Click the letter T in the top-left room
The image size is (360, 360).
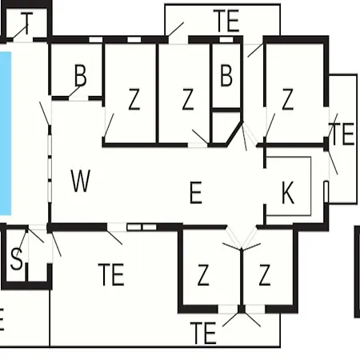pos(26,23)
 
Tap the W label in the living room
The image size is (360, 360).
pos(81,181)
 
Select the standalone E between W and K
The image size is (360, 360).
pos(196,192)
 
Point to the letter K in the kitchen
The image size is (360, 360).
pos(288,192)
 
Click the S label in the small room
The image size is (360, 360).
pos(17,258)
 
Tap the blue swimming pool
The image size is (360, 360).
pos(6,134)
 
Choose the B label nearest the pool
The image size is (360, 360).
pos(80,75)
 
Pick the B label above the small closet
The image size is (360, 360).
pos(226,75)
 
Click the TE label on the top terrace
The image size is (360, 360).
pos(226,21)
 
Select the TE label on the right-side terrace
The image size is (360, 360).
pos(342,134)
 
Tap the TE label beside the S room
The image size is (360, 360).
pos(111,274)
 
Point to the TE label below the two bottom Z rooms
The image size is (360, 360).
pos(203,333)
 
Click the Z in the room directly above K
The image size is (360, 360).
pos(287,99)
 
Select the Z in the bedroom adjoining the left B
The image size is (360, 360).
pos(134,99)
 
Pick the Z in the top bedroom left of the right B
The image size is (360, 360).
pos(188,99)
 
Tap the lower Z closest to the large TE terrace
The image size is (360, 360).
pos(203,275)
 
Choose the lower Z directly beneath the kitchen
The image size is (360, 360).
pos(265,275)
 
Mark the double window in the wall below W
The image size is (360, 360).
pos(142,227)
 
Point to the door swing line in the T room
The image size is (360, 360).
pos(20,32)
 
